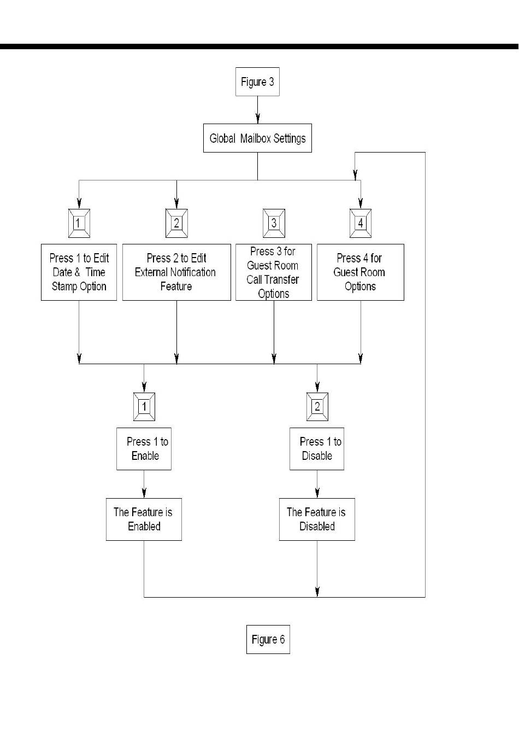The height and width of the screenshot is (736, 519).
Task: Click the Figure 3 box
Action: point(257,82)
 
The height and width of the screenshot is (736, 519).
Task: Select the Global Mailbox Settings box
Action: point(257,138)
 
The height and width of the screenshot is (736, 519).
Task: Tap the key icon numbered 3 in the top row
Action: point(274,223)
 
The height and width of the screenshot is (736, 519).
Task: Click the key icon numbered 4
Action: point(361,223)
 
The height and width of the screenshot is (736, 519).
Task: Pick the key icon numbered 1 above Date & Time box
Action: point(79,223)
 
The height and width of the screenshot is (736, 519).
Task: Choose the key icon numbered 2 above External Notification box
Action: point(176,223)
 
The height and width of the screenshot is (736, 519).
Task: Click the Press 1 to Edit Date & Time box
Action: point(79,272)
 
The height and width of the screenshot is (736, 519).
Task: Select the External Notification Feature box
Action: point(176,272)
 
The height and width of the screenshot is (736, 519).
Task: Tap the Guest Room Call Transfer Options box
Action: point(274,272)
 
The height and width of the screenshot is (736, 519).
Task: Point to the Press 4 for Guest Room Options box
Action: point(361,272)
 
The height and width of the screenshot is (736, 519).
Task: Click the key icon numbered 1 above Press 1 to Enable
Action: point(144,407)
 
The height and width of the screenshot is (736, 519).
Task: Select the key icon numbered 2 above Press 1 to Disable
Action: point(317,407)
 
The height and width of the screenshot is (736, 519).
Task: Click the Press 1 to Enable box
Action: point(144,449)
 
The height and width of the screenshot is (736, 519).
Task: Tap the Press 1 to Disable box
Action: point(317,449)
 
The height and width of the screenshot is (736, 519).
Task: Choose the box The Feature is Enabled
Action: point(144,519)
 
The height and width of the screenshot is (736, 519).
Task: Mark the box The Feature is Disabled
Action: point(317,519)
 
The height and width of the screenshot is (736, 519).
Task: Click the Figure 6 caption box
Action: point(268,639)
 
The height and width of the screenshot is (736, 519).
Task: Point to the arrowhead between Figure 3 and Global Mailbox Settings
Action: point(258,118)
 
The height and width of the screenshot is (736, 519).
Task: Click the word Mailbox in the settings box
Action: point(255,138)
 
